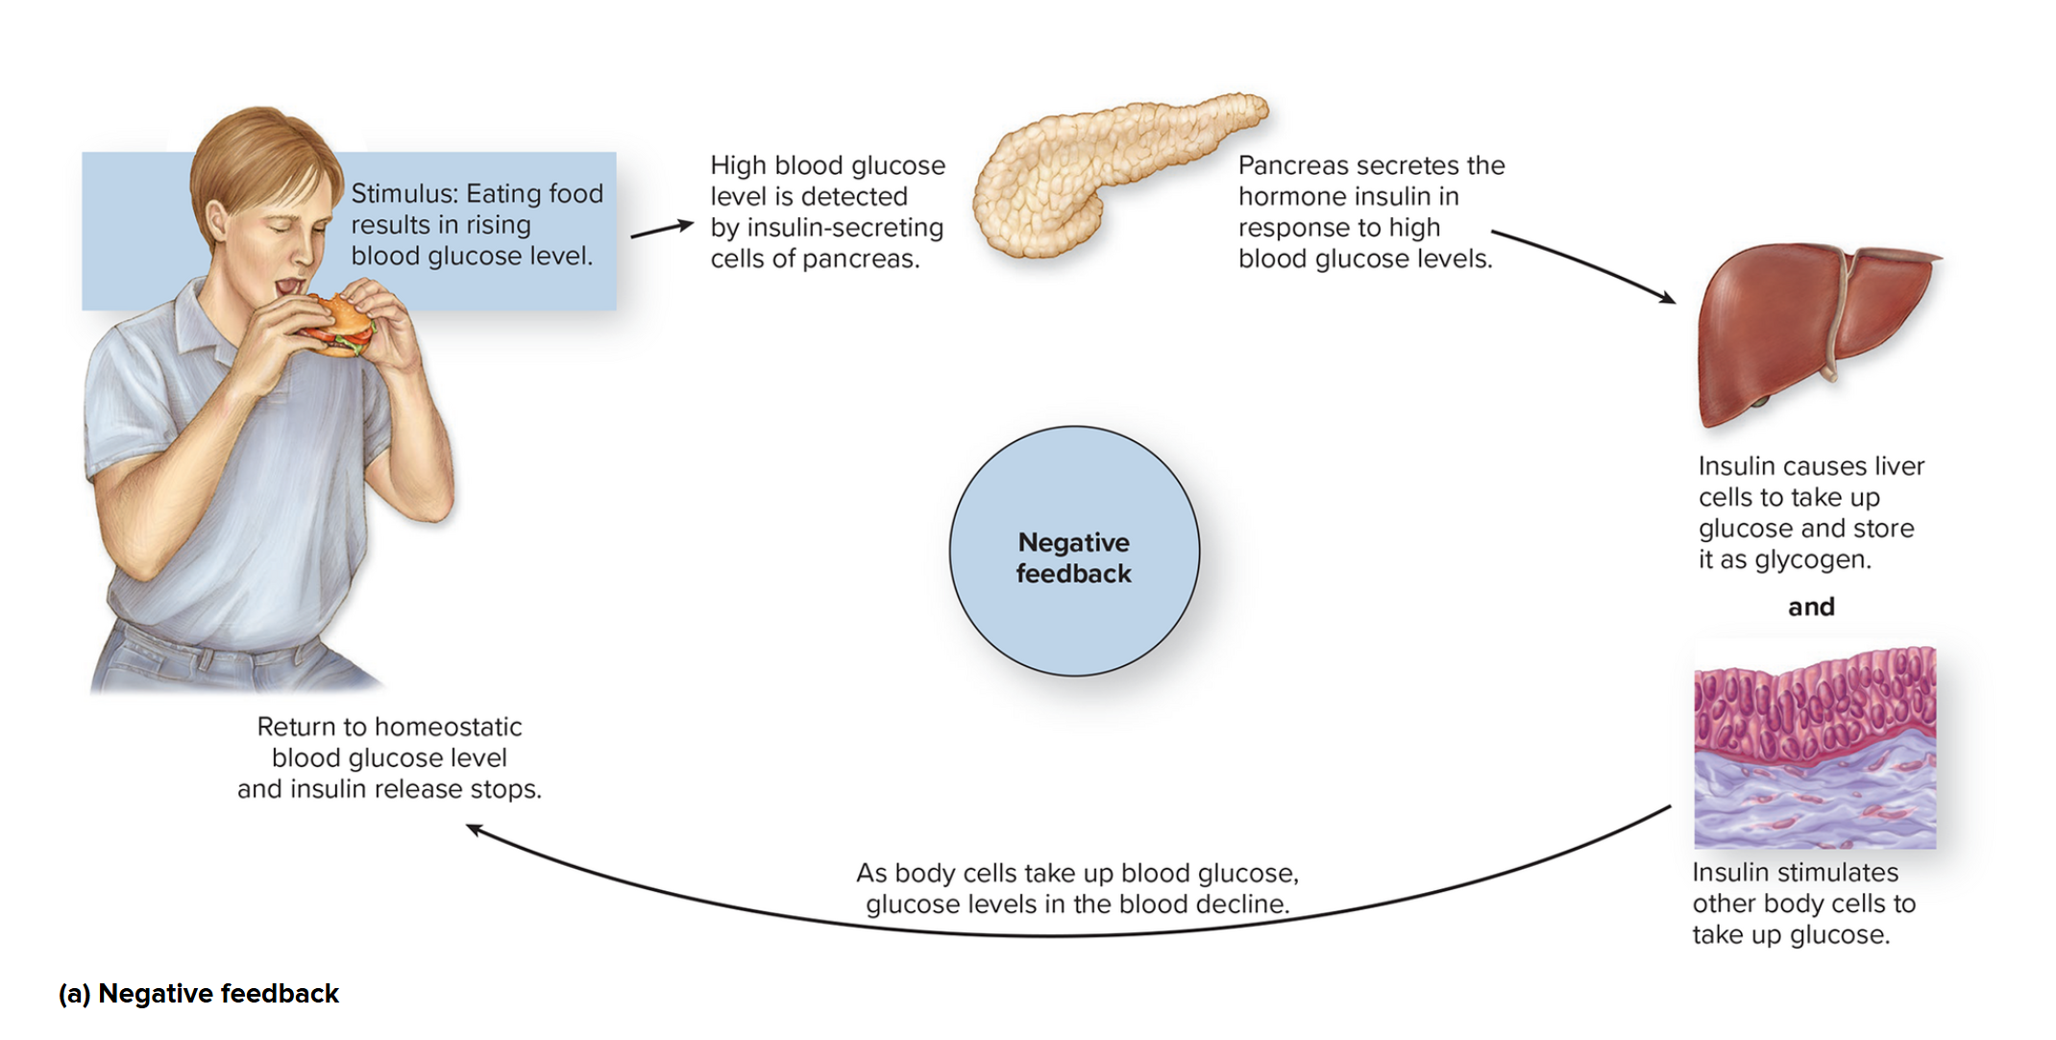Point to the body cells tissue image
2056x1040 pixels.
point(1814,748)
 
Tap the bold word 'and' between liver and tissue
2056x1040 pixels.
point(1811,607)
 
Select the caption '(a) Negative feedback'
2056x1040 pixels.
point(199,994)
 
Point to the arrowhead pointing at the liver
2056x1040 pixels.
point(1667,298)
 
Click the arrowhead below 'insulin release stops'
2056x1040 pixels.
point(475,829)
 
